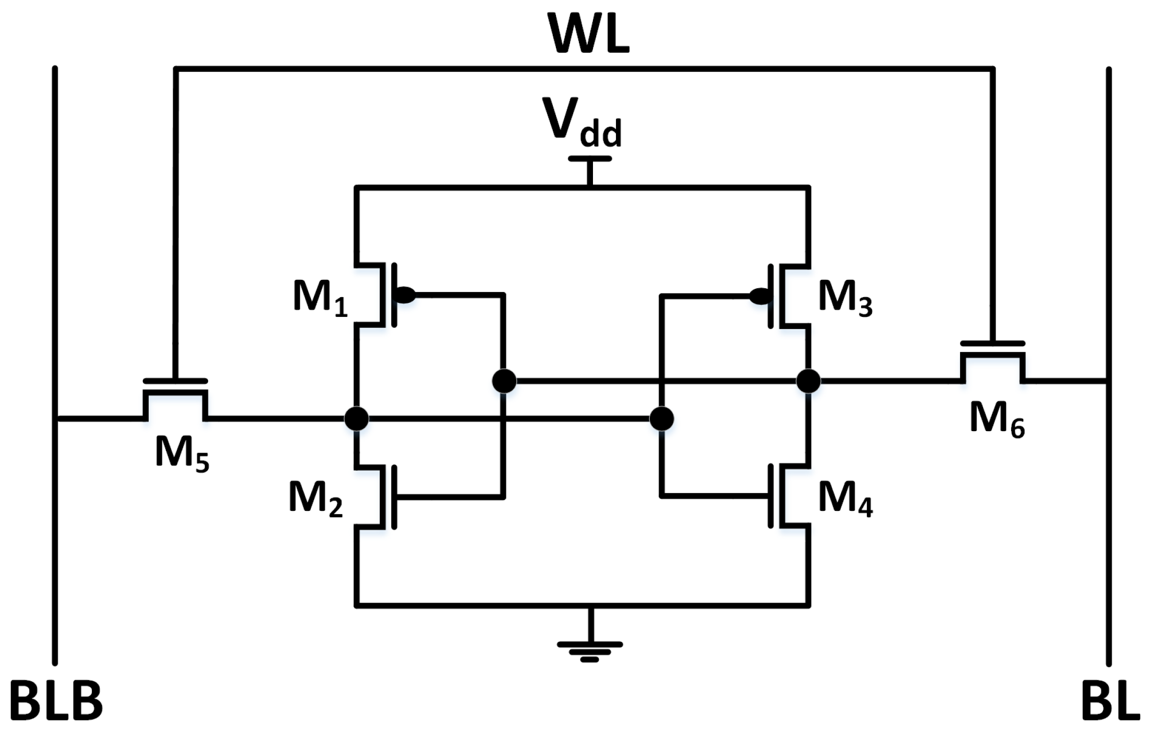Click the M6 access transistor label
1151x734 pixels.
[x=997, y=420]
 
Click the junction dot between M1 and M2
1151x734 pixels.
[x=357, y=419]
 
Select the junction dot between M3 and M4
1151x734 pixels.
[x=808, y=381]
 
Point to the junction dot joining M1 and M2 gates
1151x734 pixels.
[x=504, y=381]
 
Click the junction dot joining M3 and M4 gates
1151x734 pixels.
[x=661, y=419]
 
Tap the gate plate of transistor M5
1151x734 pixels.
[x=175, y=381]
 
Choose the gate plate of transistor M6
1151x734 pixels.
[x=992, y=344]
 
